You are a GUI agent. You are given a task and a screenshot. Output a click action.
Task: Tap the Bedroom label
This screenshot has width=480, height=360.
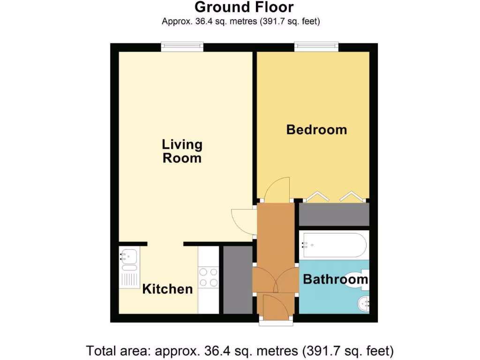tap(316, 129)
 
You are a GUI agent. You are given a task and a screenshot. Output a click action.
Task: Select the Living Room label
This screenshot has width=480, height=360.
tap(182, 151)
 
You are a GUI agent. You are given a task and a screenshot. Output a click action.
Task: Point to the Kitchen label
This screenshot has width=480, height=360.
tap(167, 289)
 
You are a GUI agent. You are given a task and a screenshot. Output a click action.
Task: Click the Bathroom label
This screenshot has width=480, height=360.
tap(335, 280)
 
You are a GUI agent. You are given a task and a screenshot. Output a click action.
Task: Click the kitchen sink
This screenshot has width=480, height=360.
tap(128, 257)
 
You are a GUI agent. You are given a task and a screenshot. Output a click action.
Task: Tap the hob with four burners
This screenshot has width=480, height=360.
tap(209, 277)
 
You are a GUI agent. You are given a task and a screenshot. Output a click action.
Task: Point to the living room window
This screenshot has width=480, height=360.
tap(182, 46)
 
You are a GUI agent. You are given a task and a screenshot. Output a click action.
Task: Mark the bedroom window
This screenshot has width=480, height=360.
tap(316, 46)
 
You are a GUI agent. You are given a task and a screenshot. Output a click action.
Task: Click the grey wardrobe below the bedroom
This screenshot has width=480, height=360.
tap(334, 215)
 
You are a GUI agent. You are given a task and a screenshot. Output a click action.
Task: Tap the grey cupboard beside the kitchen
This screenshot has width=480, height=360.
tap(238, 280)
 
